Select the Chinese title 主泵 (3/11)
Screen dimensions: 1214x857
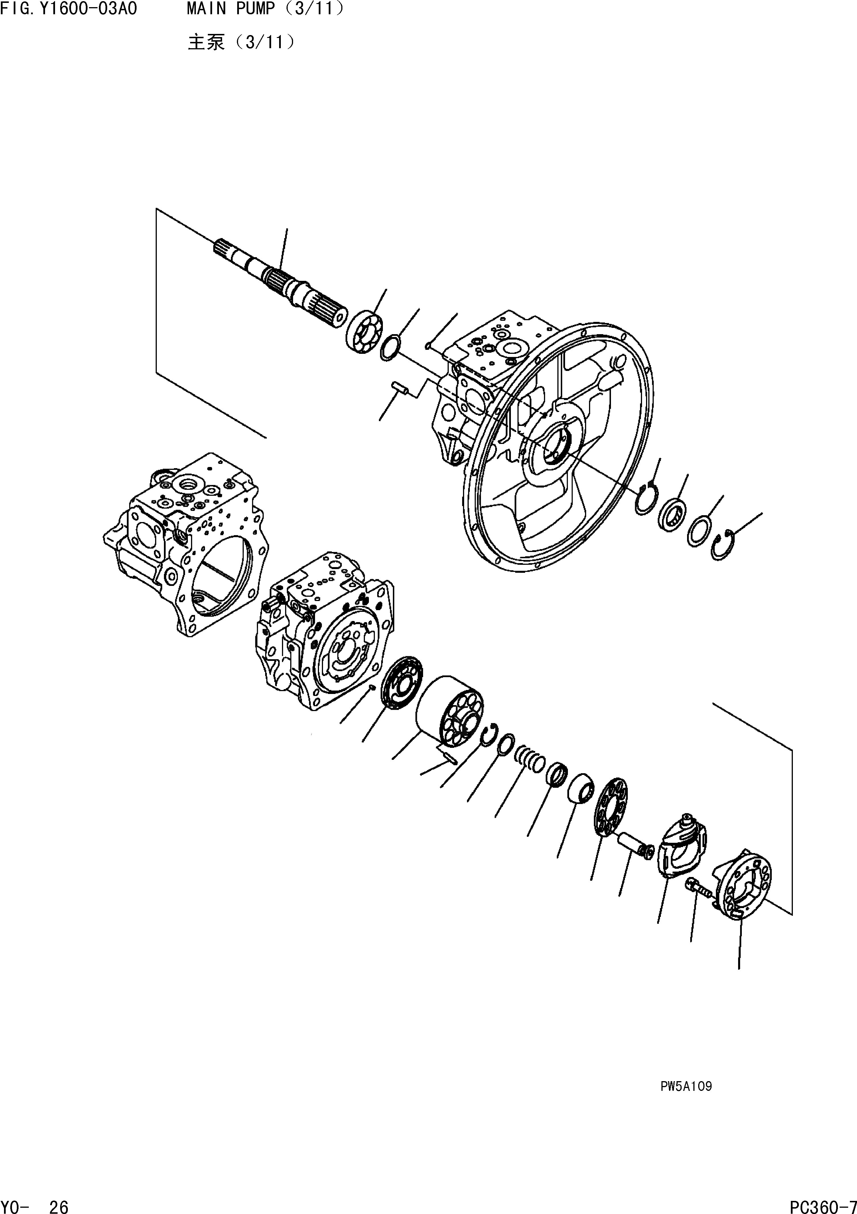pyautogui.click(x=241, y=42)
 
